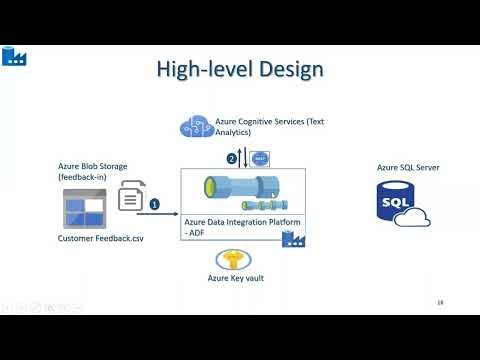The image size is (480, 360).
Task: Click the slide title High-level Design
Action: tap(240, 69)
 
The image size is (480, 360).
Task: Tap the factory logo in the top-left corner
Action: tap(15, 55)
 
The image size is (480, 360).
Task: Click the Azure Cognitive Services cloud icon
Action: tap(194, 127)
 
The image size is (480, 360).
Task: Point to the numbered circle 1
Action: tap(154, 203)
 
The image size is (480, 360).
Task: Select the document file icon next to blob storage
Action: tap(130, 196)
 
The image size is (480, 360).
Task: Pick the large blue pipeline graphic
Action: tap(242, 190)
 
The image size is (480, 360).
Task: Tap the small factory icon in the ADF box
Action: tap(293, 237)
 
